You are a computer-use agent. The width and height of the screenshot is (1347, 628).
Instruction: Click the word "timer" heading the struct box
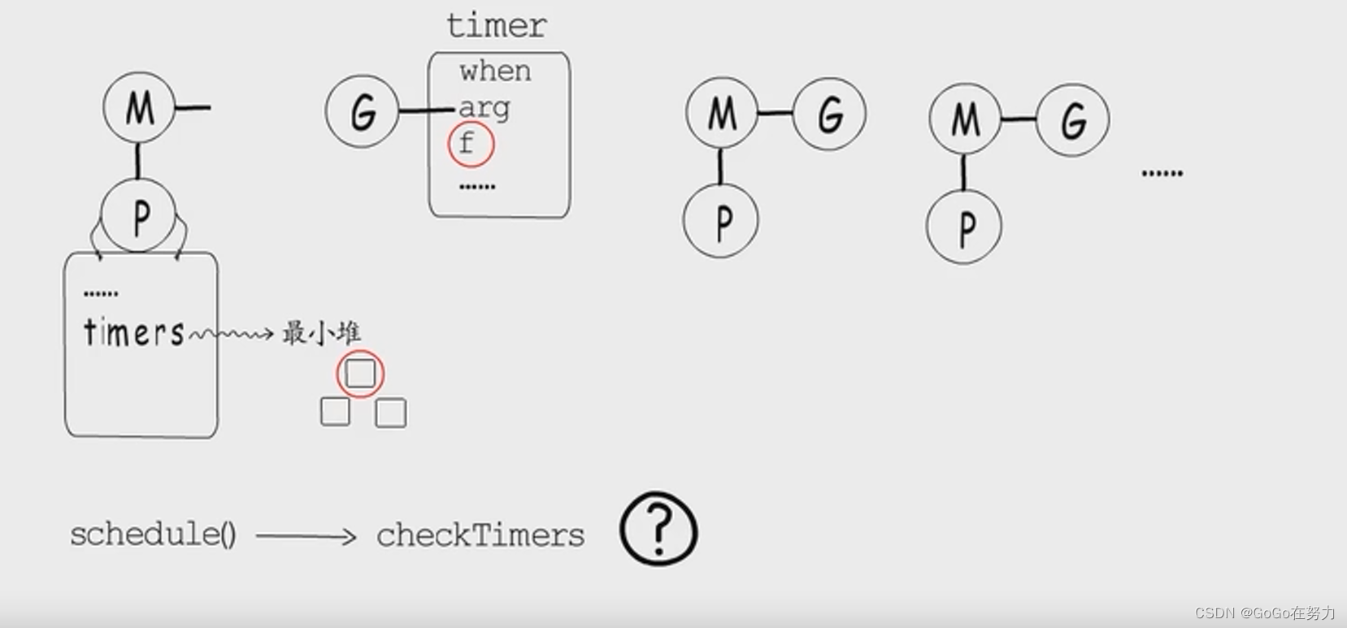(496, 26)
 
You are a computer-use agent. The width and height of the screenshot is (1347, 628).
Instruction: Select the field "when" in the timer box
(494, 71)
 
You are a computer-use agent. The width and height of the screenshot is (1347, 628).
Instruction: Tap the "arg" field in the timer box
(484, 108)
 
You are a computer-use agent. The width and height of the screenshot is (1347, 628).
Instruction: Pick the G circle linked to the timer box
(362, 111)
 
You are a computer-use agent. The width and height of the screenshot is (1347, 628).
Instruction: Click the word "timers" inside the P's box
(134, 333)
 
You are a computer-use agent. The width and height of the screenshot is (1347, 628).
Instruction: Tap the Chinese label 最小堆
(321, 333)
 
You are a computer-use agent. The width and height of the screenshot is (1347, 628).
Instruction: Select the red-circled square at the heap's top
(360, 374)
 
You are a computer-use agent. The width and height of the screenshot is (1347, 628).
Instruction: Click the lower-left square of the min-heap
(335, 412)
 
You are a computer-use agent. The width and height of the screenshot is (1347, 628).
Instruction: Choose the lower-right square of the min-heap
(391, 413)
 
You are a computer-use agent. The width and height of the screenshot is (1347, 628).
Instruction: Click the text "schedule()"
(153, 535)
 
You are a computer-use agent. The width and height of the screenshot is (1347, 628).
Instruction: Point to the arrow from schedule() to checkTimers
(306, 536)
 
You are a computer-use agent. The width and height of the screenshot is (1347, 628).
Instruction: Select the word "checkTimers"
(480, 535)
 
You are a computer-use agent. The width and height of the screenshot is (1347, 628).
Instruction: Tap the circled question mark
(658, 529)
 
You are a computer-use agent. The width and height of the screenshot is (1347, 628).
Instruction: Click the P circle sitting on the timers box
(138, 217)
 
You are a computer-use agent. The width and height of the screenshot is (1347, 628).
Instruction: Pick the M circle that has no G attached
(139, 108)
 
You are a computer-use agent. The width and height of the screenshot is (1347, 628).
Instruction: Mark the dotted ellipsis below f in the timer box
(477, 187)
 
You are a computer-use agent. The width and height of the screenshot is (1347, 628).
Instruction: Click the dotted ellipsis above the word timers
(101, 293)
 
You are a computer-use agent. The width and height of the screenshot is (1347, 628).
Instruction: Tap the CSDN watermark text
(1264, 613)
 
